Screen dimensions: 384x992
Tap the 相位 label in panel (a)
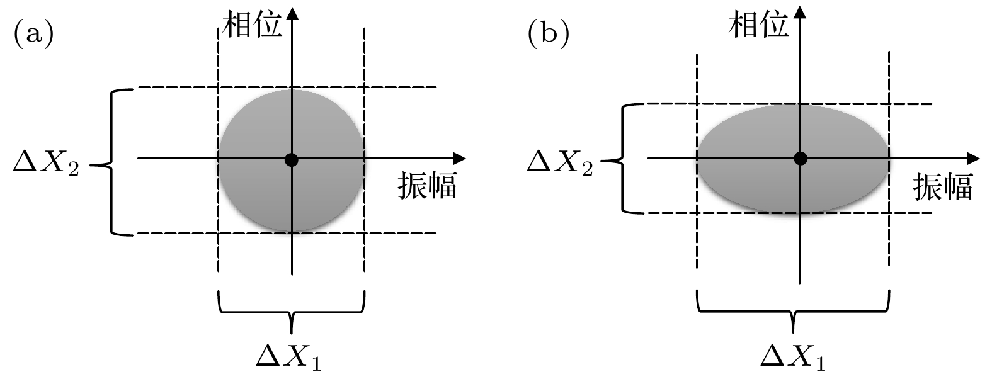251,26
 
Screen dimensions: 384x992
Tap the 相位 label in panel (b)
758,26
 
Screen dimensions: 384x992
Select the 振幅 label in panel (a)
427,187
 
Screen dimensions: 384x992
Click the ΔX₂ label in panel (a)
46,166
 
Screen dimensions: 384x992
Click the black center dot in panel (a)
291,159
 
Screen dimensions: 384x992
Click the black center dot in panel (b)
800,158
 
